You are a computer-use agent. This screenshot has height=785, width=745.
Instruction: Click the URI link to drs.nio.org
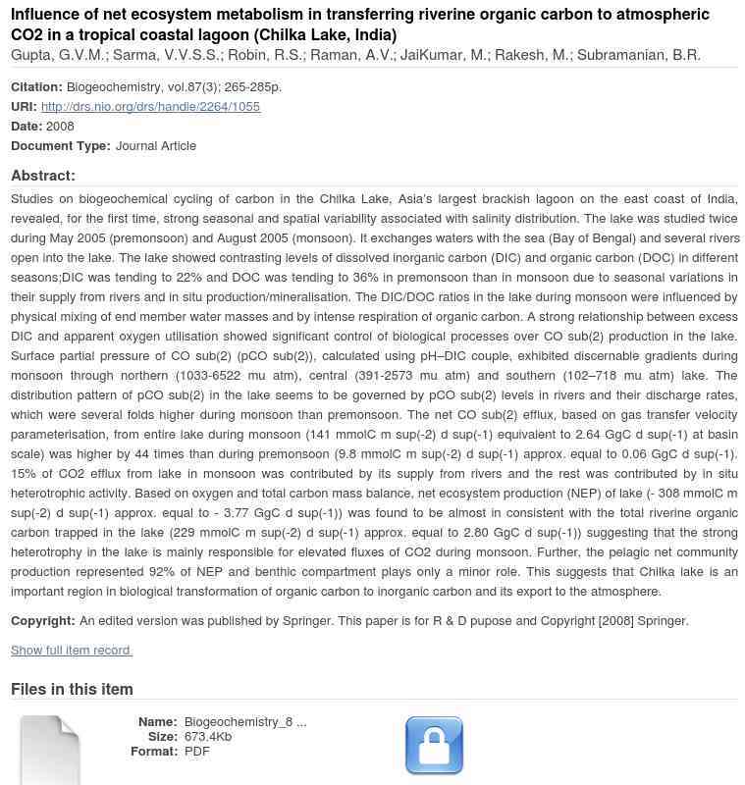[150, 106]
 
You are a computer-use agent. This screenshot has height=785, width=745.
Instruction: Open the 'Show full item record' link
[72, 650]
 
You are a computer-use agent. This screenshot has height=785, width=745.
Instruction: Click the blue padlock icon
[434, 746]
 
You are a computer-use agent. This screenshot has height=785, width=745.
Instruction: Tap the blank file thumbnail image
[50, 750]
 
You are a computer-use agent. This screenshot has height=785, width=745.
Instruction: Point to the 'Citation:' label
[36, 86]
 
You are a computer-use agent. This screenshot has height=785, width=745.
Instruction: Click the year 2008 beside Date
[60, 126]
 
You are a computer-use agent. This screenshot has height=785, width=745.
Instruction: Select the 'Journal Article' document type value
[156, 145]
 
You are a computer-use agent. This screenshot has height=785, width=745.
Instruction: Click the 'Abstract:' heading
[43, 176]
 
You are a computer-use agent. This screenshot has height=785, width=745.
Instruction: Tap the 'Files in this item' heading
[72, 689]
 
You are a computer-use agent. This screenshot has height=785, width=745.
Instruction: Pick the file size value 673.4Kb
[208, 736]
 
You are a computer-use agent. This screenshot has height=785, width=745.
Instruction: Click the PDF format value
[197, 751]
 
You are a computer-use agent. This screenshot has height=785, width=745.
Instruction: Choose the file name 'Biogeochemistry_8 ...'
[245, 721]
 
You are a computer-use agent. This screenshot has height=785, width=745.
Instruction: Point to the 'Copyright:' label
[43, 620]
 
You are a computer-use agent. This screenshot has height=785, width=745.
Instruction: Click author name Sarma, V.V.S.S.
[166, 55]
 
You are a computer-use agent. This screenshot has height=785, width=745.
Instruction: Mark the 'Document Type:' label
[61, 145]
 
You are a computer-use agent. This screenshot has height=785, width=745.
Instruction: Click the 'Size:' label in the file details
[163, 736]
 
